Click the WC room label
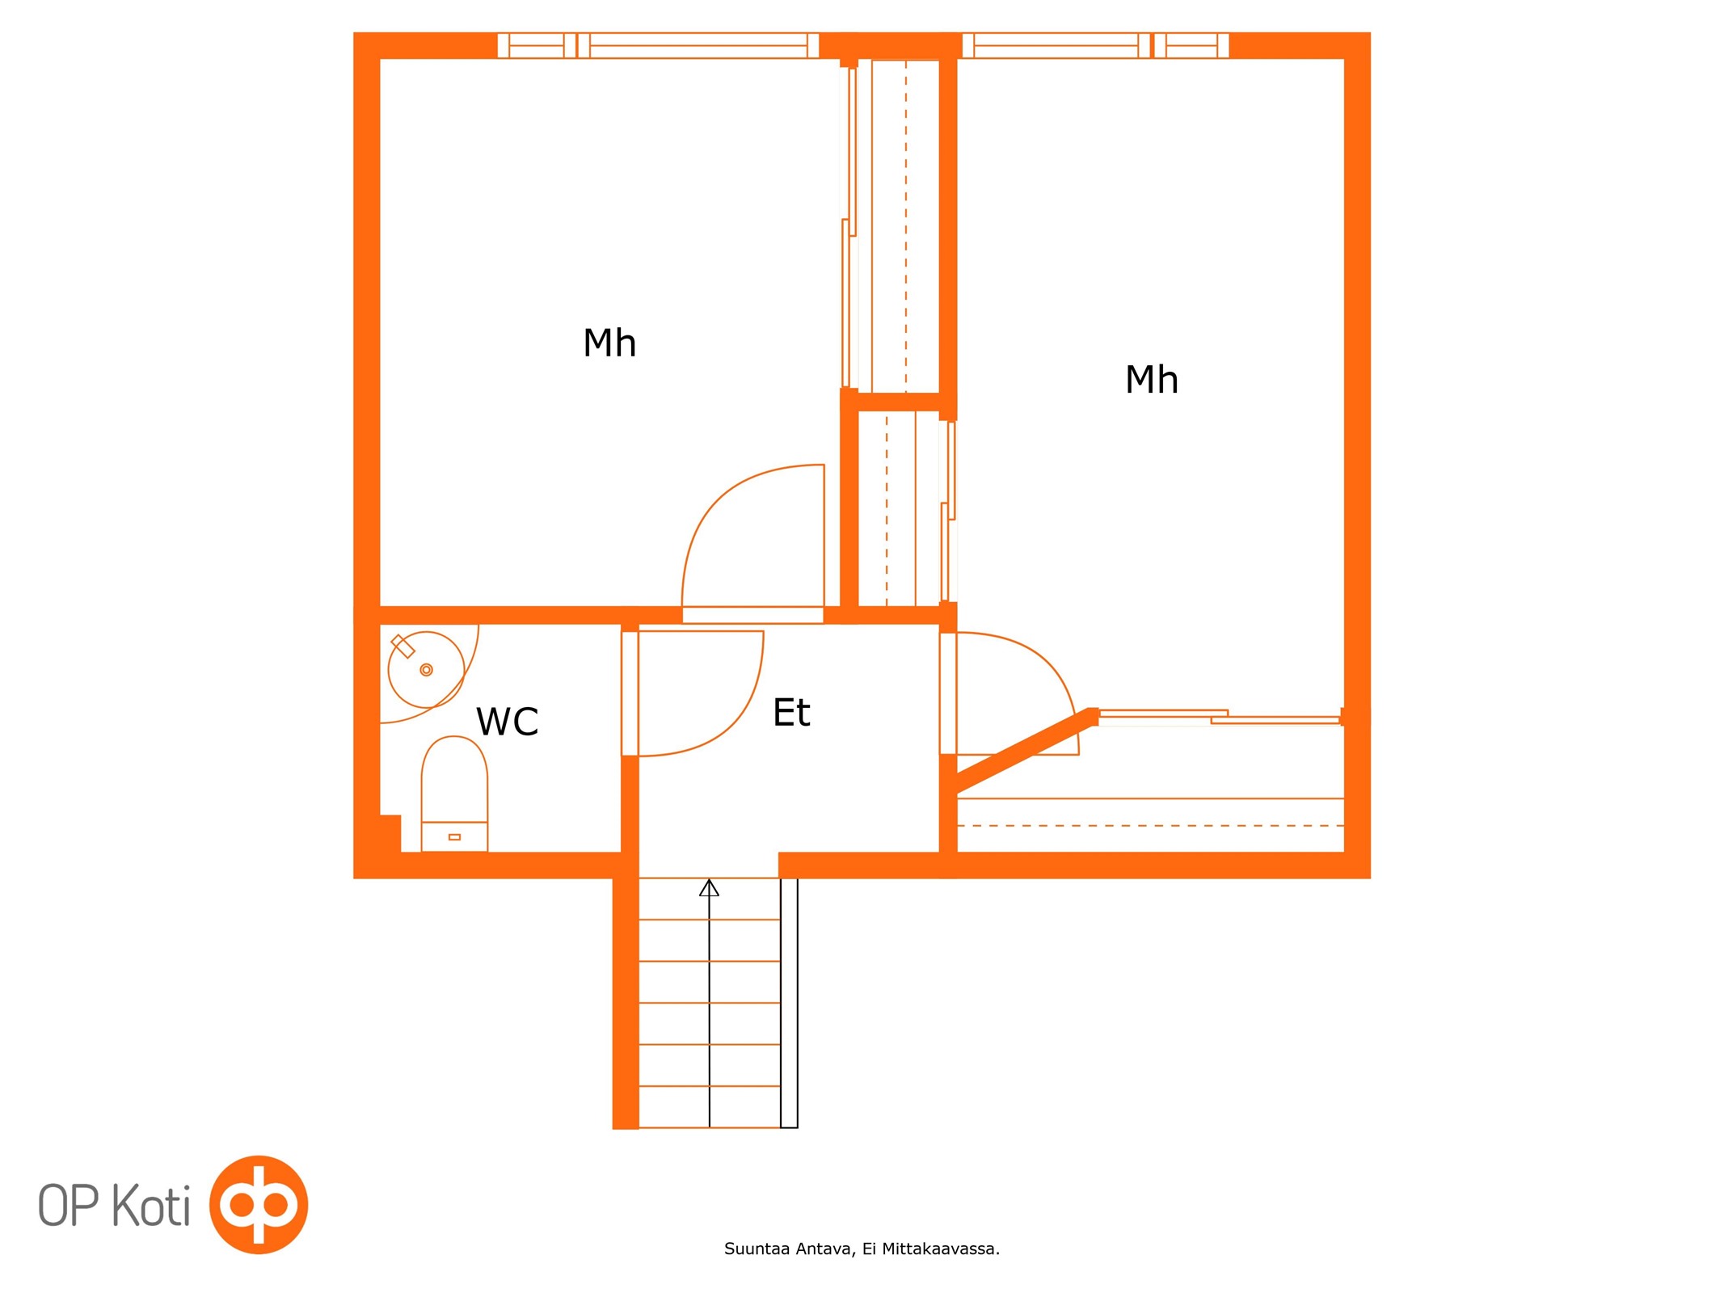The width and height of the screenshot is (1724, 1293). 507,722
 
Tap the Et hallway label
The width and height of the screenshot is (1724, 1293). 791,713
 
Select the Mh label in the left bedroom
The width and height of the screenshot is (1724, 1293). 609,343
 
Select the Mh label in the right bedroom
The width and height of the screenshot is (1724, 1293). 1151,379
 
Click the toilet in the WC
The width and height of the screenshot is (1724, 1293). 454,794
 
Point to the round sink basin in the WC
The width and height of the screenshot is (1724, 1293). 426,670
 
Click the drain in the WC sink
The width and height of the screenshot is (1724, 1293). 427,670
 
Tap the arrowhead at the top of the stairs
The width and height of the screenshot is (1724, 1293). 709,887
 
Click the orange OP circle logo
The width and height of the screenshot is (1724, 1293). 259,1204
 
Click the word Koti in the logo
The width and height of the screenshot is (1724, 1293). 151,1205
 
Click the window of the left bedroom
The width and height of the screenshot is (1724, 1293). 658,45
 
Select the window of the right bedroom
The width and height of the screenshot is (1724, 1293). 1095,45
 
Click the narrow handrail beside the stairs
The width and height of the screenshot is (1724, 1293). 789,1002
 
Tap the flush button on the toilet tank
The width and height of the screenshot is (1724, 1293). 454,837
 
